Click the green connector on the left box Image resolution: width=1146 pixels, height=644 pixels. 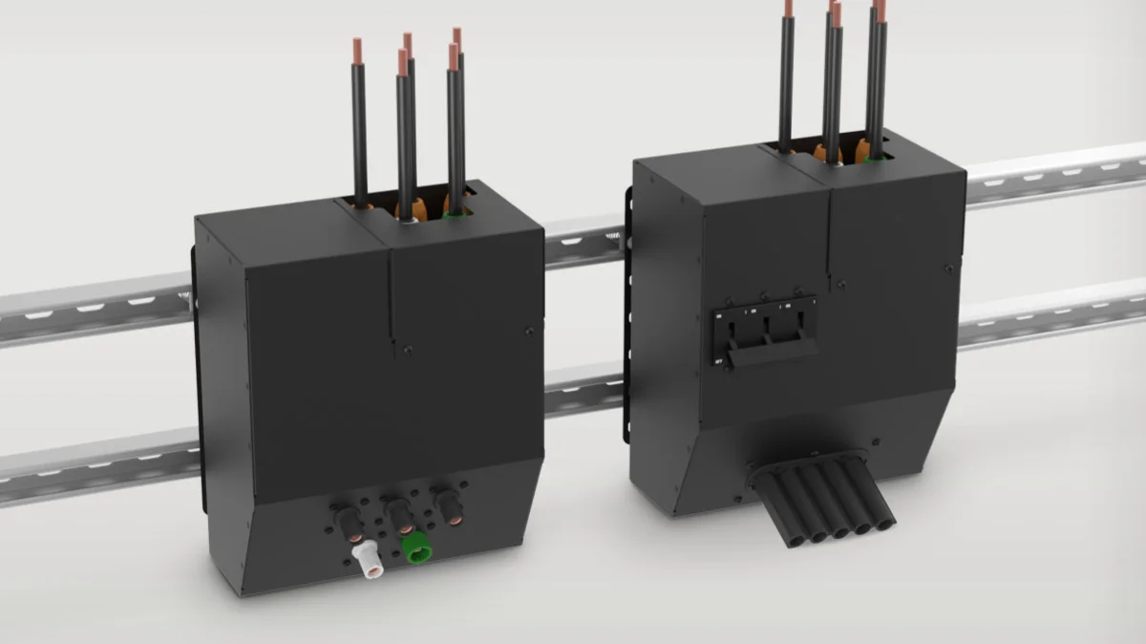[416, 550]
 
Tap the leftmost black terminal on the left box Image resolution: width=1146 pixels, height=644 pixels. [346, 522]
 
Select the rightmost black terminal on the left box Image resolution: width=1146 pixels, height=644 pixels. [446, 503]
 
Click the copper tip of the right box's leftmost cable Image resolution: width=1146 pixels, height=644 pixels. [789, 8]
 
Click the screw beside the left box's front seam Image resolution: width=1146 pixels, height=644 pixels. [408, 350]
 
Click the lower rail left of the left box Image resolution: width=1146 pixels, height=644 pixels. [95, 468]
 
